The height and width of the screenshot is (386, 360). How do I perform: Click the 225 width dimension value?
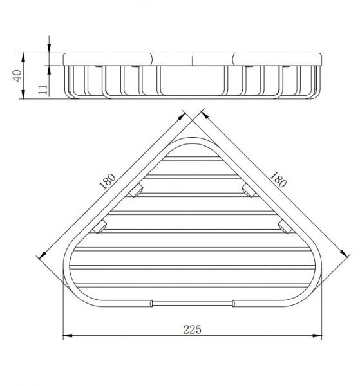tap(192, 329)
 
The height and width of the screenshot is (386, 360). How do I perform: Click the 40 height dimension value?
tap(17, 75)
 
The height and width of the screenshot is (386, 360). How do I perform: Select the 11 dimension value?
tap(43, 89)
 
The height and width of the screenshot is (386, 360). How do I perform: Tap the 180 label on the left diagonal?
tap(108, 181)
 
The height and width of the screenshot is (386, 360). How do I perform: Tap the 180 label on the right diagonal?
tap(278, 179)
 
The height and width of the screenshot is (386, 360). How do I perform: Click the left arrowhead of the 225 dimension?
tap(68, 335)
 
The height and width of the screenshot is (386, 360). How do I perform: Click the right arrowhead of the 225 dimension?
tap(317, 335)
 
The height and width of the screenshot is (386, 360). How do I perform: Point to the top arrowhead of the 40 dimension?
tap(23, 57)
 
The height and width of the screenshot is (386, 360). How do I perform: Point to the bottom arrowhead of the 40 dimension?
tap(23, 95)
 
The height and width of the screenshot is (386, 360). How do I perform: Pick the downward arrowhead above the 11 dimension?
tap(49, 48)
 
